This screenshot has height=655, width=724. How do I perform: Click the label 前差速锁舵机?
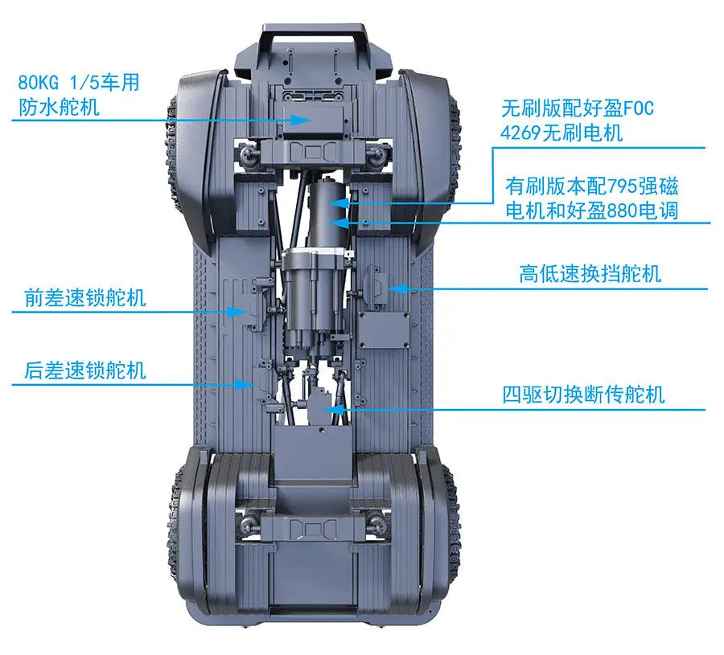pyautogui.click(x=85, y=298)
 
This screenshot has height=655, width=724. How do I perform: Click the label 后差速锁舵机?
pyautogui.click(x=85, y=370)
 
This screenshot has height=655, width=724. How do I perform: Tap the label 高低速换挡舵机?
pyautogui.click(x=590, y=273)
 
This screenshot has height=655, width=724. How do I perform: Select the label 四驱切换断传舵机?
pyautogui.click(x=584, y=395)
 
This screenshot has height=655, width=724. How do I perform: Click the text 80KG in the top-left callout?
pyautogui.click(x=39, y=83)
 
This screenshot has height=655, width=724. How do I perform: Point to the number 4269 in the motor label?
pyautogui.click(x=520, y=133)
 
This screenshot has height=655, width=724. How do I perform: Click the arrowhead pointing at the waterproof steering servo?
pyautogui.click(x=301, y=120)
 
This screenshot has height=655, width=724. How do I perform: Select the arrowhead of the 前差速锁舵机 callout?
pyautogui.click(x=238, y=312)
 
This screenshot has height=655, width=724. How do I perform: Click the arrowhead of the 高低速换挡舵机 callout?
pyautogui.click(x=397, y=289)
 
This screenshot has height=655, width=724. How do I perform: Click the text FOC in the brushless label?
pyautogui.click(x=639, y=108)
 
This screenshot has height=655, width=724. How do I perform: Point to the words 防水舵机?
pyautogui.click(x=59, y=108)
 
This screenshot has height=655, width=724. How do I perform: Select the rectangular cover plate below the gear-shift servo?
pyautogui.click(x=385, y=330)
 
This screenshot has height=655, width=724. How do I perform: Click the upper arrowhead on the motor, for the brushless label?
pyautogui.click(x=339, y=203)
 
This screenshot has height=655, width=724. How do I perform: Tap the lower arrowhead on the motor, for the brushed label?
pyautogui.click(x=339, y=223)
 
